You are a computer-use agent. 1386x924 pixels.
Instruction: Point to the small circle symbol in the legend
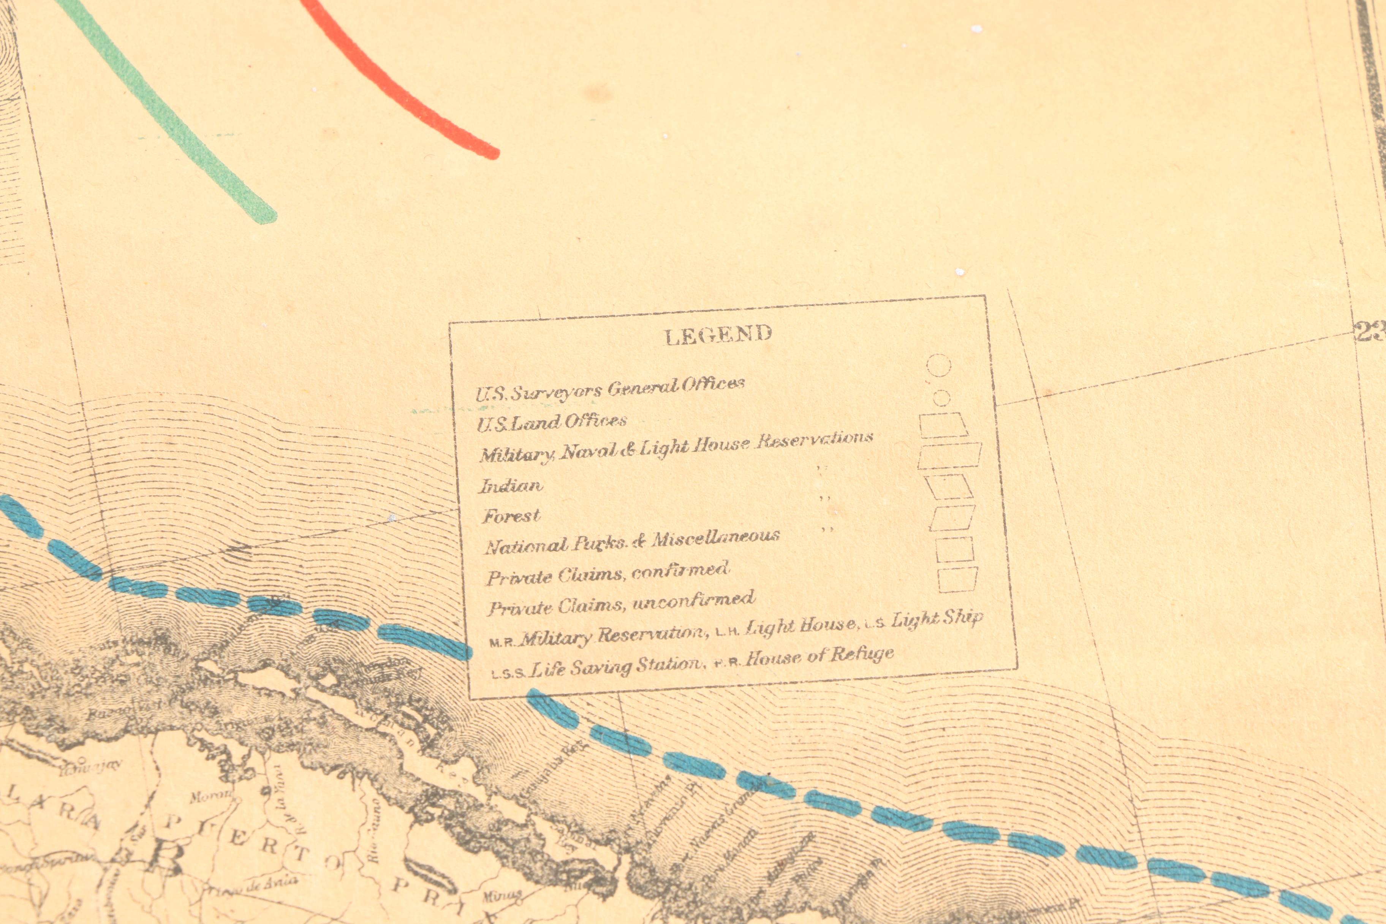pos(942,398)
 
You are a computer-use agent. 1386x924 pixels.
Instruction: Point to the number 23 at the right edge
pos(1370,332)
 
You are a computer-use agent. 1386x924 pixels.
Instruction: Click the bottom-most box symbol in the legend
pos(957,579)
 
